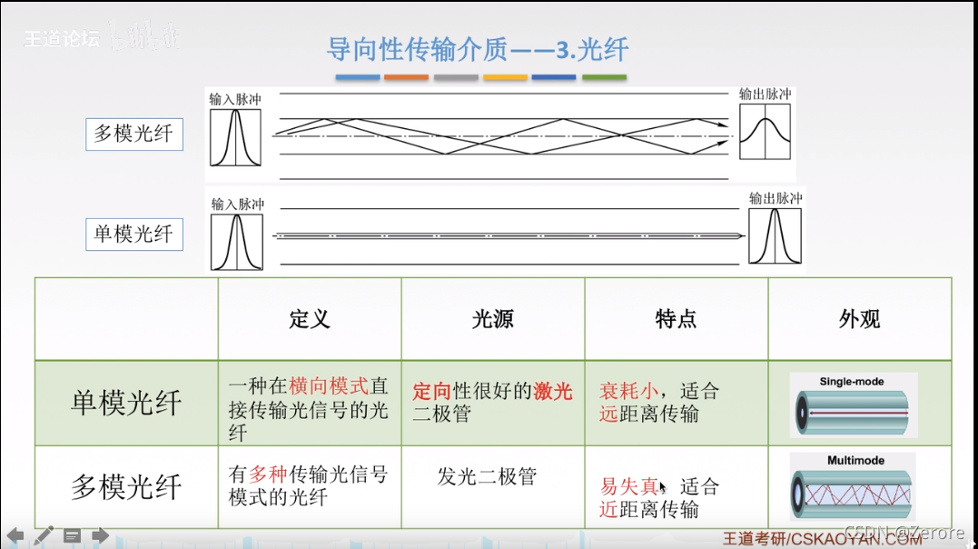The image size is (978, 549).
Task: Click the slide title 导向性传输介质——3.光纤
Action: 478,48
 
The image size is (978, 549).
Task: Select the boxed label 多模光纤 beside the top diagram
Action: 133,135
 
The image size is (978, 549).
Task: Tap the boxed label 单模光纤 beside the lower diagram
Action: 133,234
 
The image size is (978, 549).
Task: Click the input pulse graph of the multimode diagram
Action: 235,137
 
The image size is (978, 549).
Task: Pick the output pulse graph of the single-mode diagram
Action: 775,236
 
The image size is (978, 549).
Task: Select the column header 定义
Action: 310,319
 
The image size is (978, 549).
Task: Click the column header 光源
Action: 493,319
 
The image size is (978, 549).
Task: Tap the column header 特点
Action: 676,319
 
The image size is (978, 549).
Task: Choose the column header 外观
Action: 859,319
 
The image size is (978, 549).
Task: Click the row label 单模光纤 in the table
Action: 126,404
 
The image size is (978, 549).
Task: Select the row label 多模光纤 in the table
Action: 126,487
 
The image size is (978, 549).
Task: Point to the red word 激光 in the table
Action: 553,392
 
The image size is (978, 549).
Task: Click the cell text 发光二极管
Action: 488,476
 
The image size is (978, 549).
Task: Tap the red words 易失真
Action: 628,487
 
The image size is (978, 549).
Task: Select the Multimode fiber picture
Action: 853,487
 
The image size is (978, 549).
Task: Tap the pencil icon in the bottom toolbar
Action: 44,534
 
